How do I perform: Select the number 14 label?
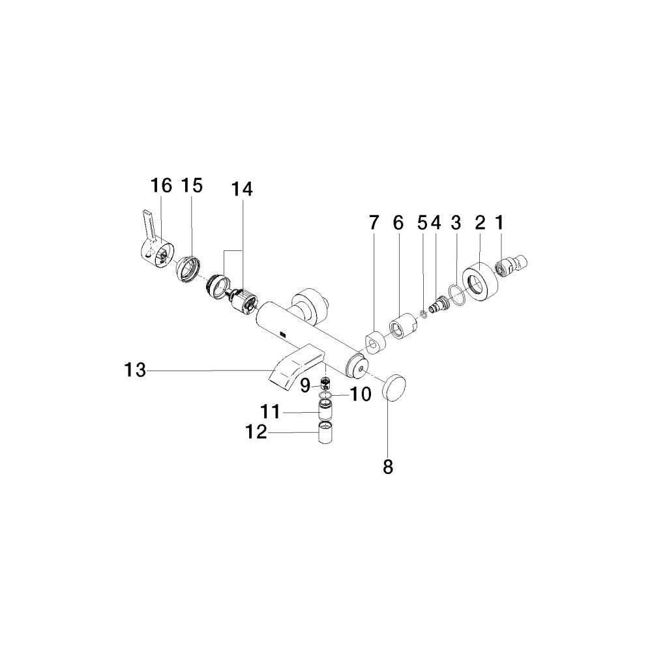(242, 189)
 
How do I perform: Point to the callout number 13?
(136, 370)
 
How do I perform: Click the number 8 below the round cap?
(387, 467)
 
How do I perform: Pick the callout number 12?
(256, 432)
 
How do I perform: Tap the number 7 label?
(374, 223)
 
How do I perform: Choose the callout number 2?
(480, 223)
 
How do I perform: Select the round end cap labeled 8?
(394, 387)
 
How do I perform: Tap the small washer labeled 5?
(423, 315)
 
